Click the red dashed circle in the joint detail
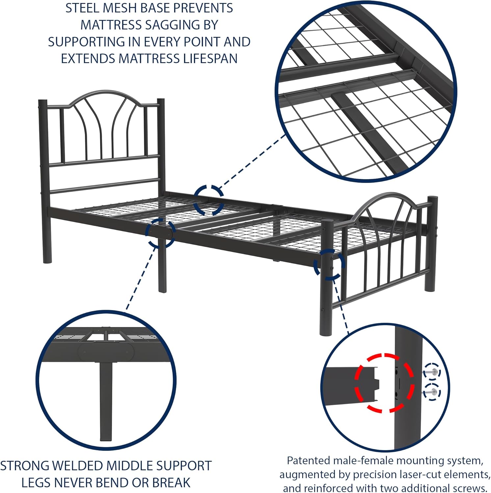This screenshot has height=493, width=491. tap(384, 383)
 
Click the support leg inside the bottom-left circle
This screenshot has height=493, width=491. tap(106, 401)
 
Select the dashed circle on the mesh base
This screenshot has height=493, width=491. tap(209, 200)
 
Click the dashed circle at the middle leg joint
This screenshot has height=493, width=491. tap(161, 233)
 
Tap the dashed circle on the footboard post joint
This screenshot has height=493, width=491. tap(329, 265)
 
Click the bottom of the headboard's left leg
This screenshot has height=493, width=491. tap(47, 260)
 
